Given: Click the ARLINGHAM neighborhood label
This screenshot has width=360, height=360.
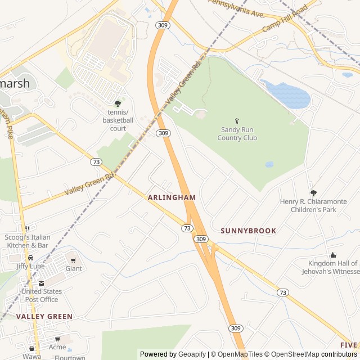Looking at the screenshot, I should tap(172, 197).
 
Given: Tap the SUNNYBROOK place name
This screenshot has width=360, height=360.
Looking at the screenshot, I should tap(248, 231).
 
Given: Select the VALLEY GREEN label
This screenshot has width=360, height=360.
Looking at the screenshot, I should tap(44, 317).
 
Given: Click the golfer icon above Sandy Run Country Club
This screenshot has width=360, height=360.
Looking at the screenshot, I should tap(237, 121).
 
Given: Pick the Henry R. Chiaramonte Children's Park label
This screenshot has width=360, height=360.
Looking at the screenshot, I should tap(313, 205).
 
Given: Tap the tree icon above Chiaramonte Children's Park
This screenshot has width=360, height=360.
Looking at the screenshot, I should tap(313, 193).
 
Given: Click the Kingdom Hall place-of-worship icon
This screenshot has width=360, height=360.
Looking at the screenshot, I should tap(332, 255).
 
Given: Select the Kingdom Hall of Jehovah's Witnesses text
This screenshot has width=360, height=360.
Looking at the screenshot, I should tap(332, 267).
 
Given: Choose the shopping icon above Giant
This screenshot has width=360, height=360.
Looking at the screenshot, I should tap(73, 260).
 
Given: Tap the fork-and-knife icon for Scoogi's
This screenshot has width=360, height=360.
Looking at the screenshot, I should tap(26, 229).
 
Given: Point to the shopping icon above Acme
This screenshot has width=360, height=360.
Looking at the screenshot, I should tap(57, 339).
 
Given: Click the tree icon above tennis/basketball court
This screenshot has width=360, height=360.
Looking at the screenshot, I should tap(117, 103).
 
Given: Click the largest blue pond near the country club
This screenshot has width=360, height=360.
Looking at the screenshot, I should tap(287, 94).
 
